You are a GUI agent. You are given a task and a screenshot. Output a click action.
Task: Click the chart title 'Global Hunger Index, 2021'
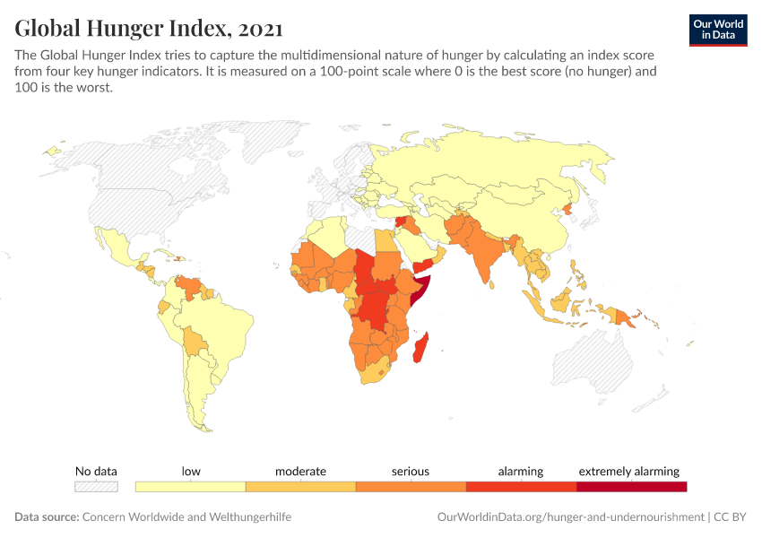pos(148,29)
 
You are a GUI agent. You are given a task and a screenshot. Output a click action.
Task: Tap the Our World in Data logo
pos(717,30)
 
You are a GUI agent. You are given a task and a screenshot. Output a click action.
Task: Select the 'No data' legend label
pos(96,471)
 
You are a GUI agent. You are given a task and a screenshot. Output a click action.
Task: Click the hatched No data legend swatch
pos(96,487)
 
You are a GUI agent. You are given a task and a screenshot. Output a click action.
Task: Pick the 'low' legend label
pos(191,471)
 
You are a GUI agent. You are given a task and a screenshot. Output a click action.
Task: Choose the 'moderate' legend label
pos(300,471)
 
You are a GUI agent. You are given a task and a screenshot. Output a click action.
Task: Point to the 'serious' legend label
pos(411,471)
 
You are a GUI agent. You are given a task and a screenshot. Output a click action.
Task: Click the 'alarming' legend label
pos(521,471)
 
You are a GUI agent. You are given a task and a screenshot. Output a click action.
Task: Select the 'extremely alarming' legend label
pos(629,471)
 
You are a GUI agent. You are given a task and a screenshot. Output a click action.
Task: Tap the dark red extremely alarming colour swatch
pos(631,487)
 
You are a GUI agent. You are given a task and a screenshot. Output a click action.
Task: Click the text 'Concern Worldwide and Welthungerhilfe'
pos(187,517)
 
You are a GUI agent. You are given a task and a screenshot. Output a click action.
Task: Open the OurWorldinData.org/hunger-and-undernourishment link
pos(570,517)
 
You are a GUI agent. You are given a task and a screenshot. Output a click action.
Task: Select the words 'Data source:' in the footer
pos(47,517)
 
